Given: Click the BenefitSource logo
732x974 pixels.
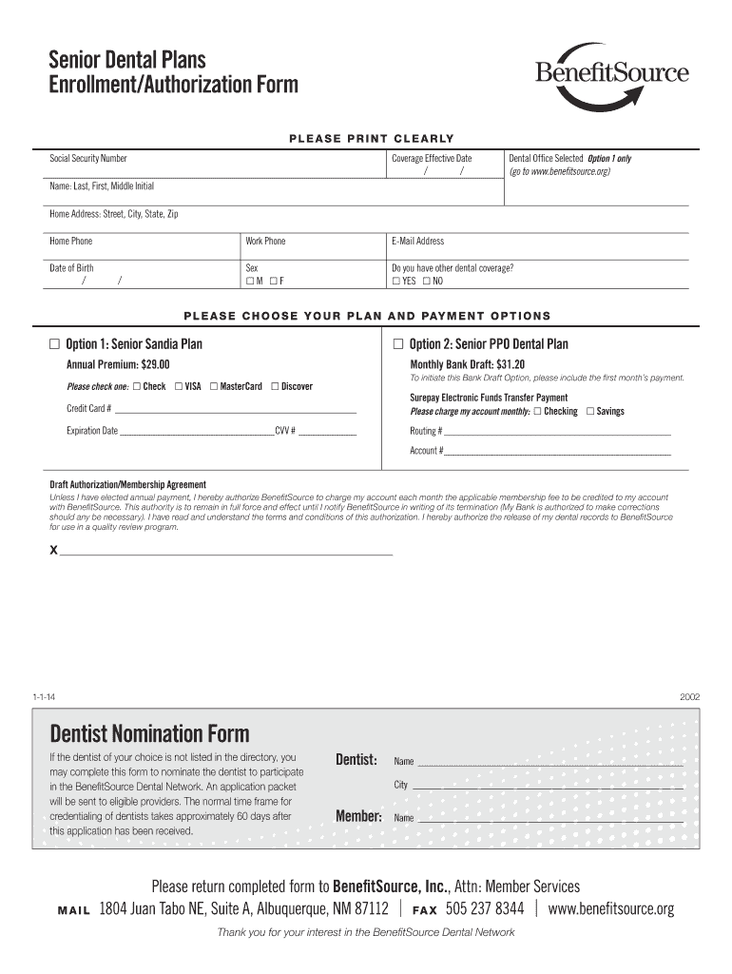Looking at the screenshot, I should (612, 75).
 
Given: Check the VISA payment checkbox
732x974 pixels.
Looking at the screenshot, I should (178, 386).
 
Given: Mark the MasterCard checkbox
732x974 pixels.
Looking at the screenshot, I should (214, 386).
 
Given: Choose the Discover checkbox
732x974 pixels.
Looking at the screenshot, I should (275, 386).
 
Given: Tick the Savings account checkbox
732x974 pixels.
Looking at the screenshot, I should (590, 411).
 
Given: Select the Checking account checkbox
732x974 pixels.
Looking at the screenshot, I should (538, 411).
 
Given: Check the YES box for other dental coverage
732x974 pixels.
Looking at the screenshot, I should (396, 282).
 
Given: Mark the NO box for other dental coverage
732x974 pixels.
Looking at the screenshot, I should (427, 282).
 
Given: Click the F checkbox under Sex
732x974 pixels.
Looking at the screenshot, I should (273, 282).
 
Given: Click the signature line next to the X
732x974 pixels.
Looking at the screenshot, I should (226, 552).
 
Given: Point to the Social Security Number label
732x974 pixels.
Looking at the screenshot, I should (88, 159).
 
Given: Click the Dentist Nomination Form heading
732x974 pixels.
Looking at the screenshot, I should (149, 733).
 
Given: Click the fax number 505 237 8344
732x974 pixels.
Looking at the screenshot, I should (485, 908).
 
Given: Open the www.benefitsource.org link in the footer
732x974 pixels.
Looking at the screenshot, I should (611, 908).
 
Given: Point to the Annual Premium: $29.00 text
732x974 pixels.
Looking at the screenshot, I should (118, 364).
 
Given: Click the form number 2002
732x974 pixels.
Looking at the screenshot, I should (689, 696).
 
